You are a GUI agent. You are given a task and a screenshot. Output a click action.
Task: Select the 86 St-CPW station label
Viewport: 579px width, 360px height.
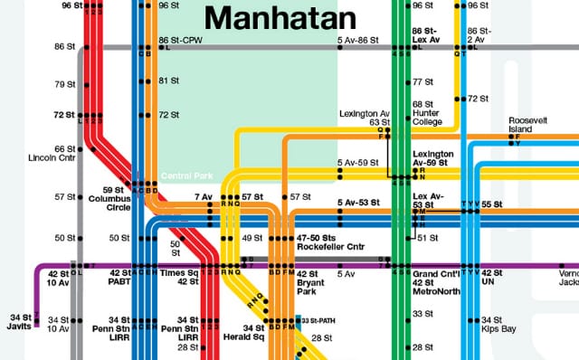tap(179, 41)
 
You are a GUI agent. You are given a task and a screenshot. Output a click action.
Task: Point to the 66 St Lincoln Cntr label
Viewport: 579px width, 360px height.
tap(54, 154)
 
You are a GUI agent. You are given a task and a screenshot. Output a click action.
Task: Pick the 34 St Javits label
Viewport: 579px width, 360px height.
tap(19, 320)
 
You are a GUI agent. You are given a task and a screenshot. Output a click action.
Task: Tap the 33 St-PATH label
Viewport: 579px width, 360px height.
tap(318, 320)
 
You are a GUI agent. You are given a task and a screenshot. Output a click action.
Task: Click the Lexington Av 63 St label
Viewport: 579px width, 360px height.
tap(365, 118)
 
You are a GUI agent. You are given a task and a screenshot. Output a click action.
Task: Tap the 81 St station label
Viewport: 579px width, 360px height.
tap(167, 81)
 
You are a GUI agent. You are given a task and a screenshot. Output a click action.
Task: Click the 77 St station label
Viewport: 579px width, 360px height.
tap(422, 81)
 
